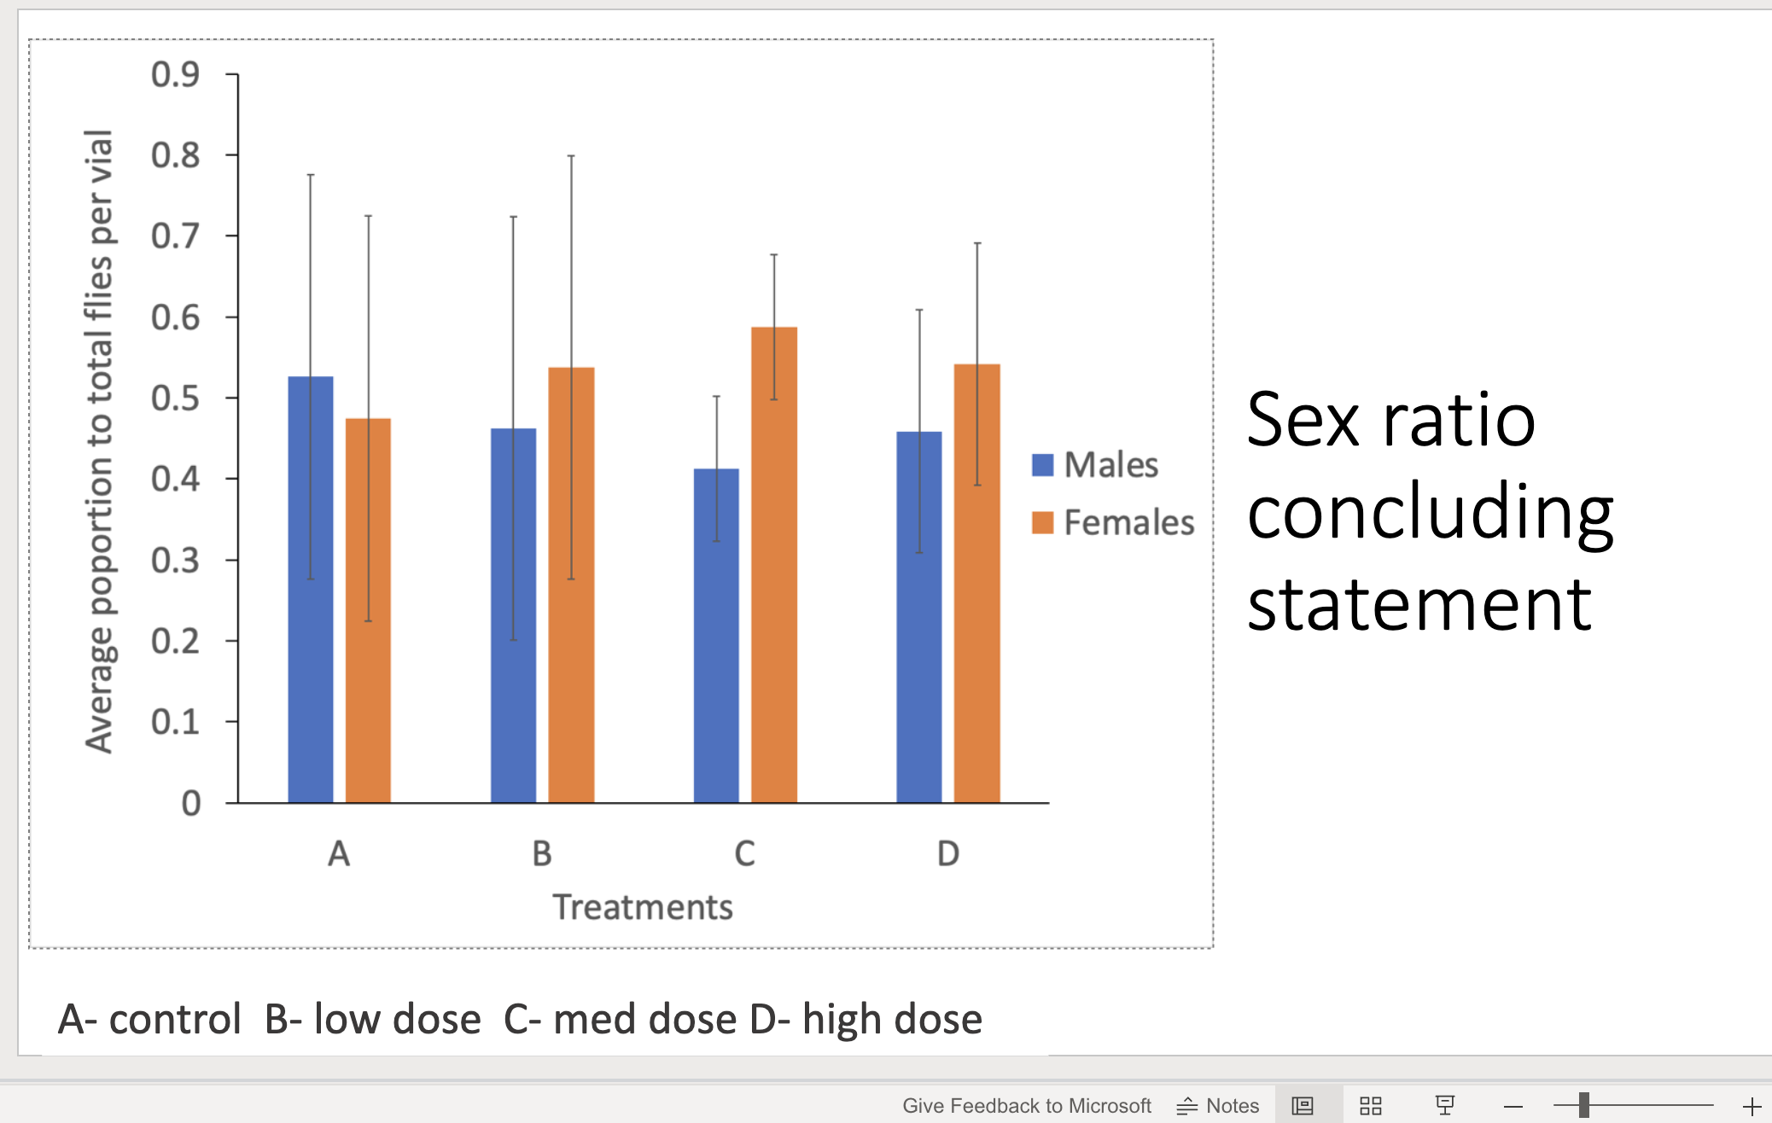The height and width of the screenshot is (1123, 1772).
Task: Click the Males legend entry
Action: (x=1096, y=465)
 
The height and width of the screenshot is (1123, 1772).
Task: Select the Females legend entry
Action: (x=1113, y=522)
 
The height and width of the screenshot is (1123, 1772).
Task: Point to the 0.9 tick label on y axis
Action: (x=175, y=75)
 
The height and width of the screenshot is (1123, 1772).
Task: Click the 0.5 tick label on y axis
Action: (x=175, y=399)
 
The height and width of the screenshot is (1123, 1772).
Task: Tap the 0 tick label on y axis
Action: (x=191, y=803)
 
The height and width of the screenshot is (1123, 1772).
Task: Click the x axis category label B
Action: (x=542, y=853)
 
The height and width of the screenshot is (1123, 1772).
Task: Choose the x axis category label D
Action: (x=948, y=853)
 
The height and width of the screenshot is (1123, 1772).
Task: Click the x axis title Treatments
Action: (x=643, y=907)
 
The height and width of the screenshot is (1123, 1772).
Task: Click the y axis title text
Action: (x=99, y=441)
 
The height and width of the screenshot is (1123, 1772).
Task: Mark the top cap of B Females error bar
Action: (x=571, y=156)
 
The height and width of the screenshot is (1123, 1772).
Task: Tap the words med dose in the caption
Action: (x=644, y=1019)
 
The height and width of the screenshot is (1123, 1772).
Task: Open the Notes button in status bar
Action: (x=1218, y=1106)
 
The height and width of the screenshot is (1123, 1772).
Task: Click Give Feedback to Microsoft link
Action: (x=1027, y=1106)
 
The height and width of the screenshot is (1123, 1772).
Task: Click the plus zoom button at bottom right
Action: (x=1752, y=1106)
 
